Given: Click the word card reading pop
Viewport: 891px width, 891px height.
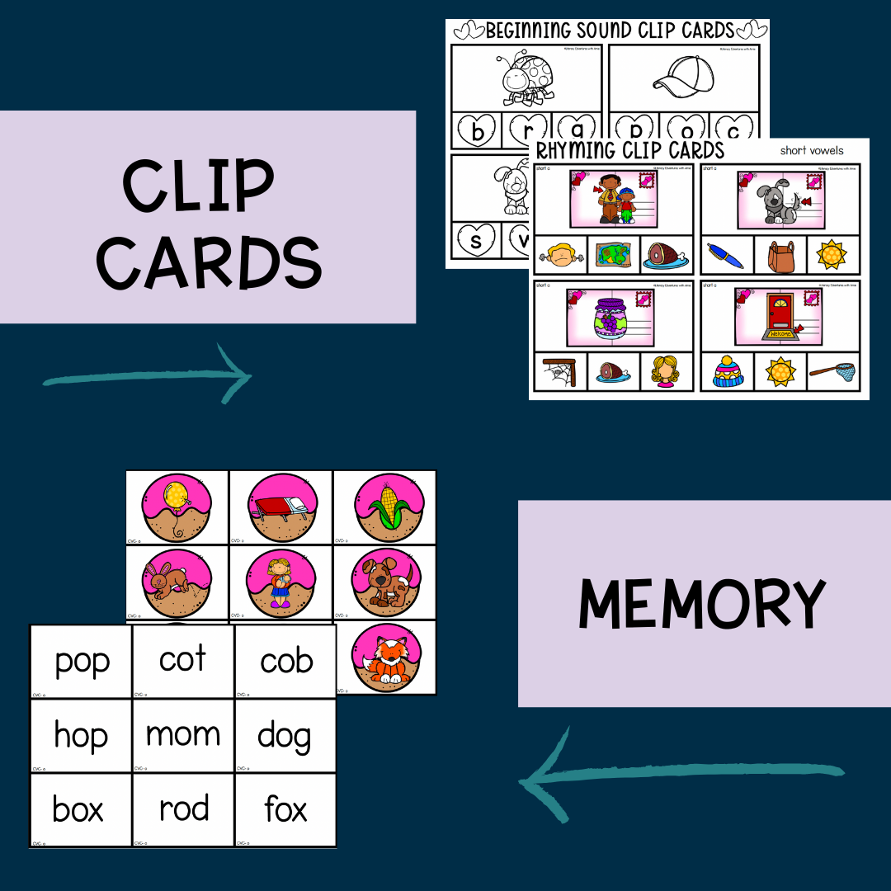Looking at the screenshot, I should coord(81,662).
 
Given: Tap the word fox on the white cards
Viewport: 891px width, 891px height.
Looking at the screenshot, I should coord(285,809).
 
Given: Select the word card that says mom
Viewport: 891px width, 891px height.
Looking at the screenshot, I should coord(182,734).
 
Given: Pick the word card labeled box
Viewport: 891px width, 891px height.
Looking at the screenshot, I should coord(78,809).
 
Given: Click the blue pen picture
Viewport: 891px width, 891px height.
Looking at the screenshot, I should coord(725,255).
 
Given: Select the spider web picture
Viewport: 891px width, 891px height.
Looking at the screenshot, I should coord(560,372).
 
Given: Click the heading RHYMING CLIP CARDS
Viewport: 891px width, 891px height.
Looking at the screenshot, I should coord(630,150).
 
